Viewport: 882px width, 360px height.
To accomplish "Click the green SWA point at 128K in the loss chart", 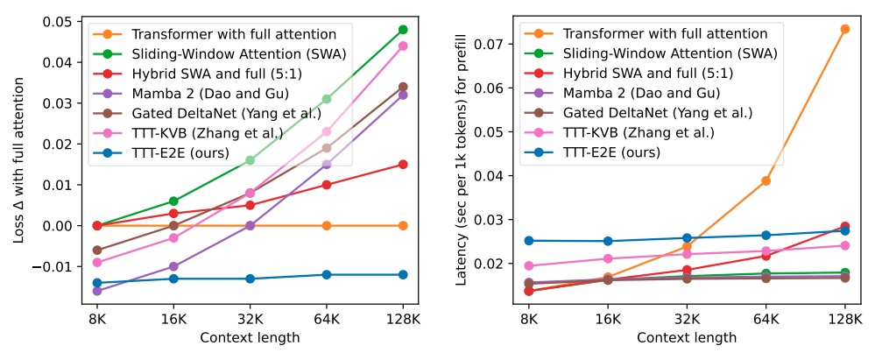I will click(x=403, y=30).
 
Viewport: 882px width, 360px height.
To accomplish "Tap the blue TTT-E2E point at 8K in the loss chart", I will click(x=97, y=283).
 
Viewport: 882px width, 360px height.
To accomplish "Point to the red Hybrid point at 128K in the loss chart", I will click(x=403, y=164).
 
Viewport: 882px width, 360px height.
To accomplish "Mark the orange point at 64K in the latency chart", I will click(x=766, y=180).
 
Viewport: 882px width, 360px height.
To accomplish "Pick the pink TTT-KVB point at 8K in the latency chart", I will click(x=528, y=265).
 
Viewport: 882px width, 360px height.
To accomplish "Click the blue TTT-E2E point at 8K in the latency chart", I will click(x=528, y=241).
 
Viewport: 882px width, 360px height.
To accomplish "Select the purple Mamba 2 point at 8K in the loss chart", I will click(x=97, y=291).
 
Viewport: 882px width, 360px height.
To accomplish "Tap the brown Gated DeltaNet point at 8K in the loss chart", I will click(x=97, y=250).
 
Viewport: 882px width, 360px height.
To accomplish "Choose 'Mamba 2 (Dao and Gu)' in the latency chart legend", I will click(x=617, y=93).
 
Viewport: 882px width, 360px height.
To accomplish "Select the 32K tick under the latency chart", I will click(x=687, y=320).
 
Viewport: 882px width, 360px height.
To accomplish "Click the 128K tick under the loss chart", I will click(x=403, y=320).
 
